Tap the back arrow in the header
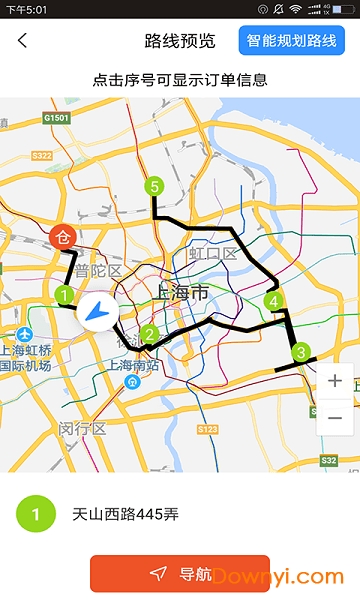tap(22, 41)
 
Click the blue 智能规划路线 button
tap(291, 41)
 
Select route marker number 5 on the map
tap(153, 185)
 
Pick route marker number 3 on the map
tap(299, 352)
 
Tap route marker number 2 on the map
tap(149, 335)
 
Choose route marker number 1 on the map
tap(63, 295)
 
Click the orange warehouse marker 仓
tap(62, 238)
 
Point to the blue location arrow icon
tap(99, 313)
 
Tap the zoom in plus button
tap(335, 381)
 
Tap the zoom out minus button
tap(335, 417)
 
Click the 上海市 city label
tap(183, 293)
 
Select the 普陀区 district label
tap(101, 272)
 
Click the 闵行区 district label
tap(82, 428)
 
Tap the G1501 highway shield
tap(55, 118)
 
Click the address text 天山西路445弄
tap(125, 487)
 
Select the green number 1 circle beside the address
tap(36, 487)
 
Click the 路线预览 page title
tap(180, 41)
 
